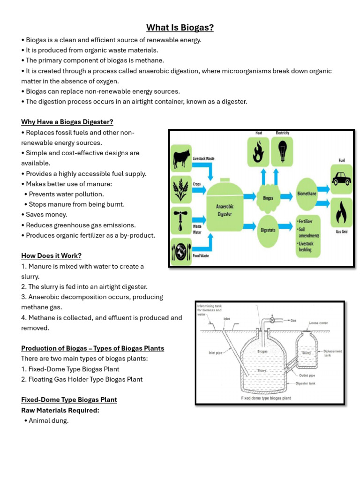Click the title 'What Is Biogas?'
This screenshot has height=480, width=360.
click(x=180, y=28)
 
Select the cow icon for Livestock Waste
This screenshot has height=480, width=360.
click(x=180, y=158)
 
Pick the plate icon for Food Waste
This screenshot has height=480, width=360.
click(x=180, y=251)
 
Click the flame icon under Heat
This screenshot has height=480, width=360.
click(x=258, y=151)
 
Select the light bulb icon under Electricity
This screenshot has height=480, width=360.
click(x=283, y=151)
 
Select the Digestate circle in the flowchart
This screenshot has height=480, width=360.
click(x=268, y=230)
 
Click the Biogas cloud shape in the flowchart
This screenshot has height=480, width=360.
click(x=268, y=198)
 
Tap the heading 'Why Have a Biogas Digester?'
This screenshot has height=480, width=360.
click(x=67, y=122)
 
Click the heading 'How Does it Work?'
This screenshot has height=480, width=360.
click(x=51, y=255)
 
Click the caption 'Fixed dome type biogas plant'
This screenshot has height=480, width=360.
click(x=266, y=398)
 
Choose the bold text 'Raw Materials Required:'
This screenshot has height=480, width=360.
click(x=60, y=410)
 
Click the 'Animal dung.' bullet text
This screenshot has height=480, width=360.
click(x=48, y=420)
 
